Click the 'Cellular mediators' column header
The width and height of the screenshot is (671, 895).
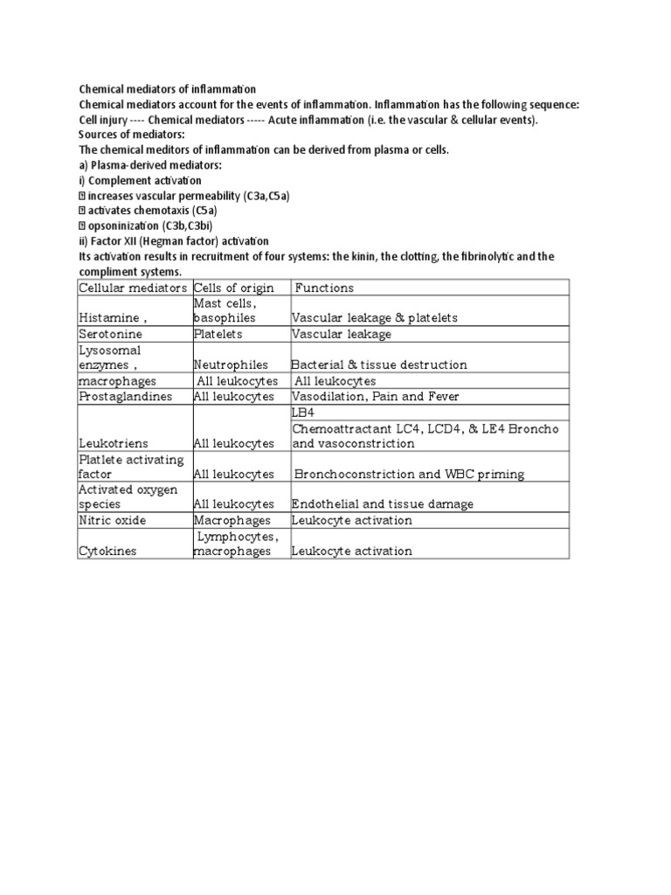pos(133,288)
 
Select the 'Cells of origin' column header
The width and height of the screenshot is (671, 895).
pos(233,288)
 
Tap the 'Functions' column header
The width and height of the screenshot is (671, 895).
pos(324,288)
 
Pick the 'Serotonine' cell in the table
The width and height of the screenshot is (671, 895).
pos(110,334)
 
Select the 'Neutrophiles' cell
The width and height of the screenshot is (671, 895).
pos(230,364)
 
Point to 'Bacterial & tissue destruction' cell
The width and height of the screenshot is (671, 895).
pos(378,364)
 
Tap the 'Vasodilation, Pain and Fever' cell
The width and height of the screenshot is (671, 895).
pos(375,397)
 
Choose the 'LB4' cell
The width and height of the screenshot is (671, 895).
pos(301,412)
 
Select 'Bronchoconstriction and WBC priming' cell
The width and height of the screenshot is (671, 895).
pos(409,475)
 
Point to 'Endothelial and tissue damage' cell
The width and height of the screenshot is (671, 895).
pos(383,504)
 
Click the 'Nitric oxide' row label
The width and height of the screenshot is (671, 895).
pos(113,520)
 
